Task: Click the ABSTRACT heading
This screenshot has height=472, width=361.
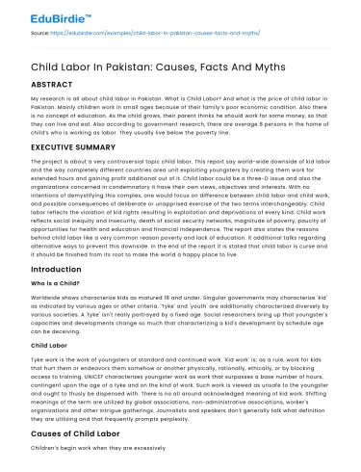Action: pyautogui.click(x=50, y=84)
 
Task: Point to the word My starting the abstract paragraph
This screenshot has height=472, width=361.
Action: pyautogui.click(x=36, y=99)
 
